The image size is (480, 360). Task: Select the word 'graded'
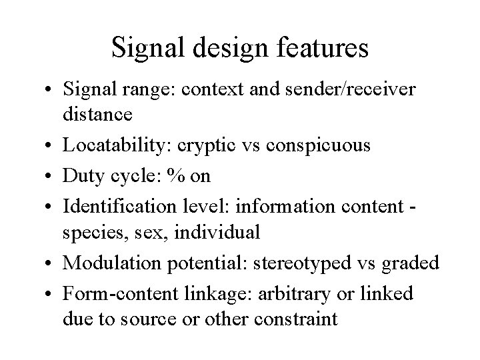click(413, 263)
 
